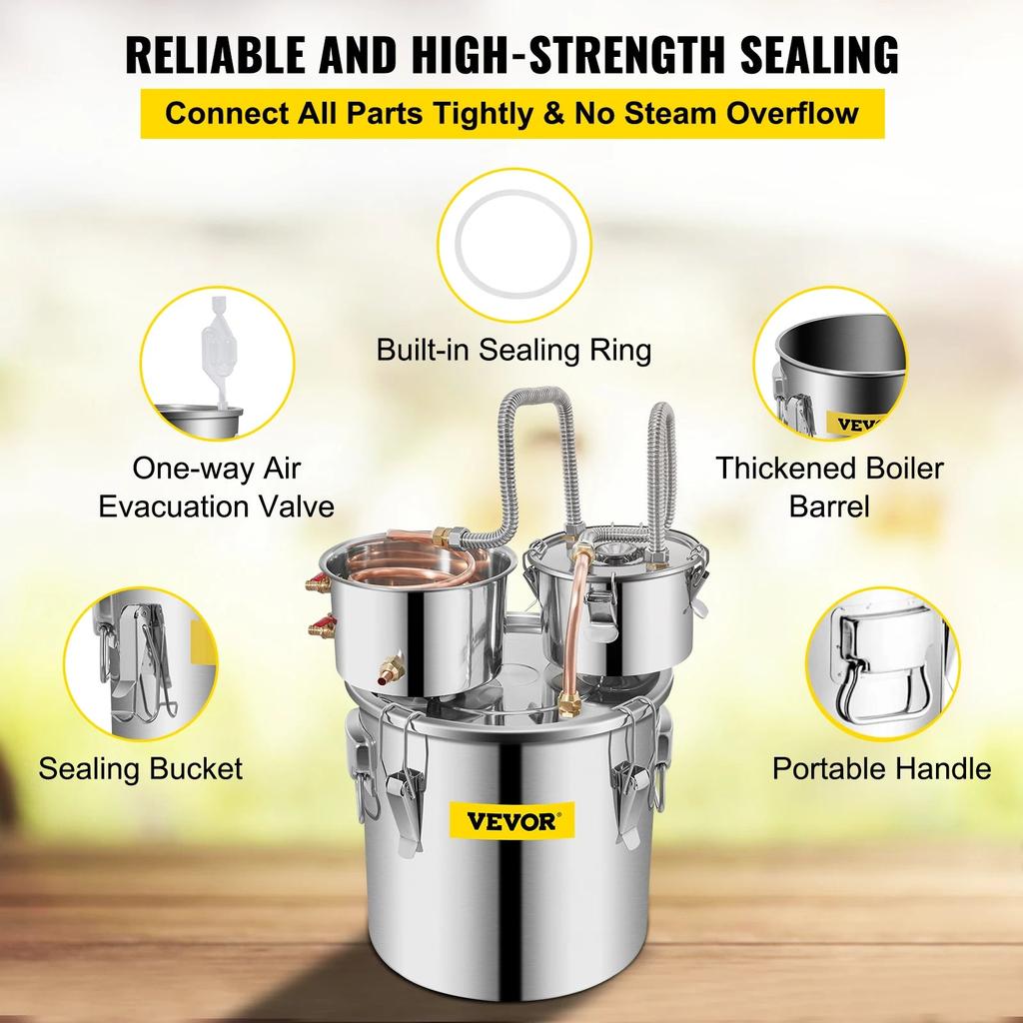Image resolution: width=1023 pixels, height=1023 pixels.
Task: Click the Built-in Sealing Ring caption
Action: point(513,351)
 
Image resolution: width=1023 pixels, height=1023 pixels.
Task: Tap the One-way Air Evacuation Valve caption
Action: point(216,488)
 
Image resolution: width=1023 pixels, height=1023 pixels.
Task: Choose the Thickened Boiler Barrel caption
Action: point(829,487)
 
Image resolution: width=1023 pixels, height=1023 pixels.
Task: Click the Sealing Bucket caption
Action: point(141,768)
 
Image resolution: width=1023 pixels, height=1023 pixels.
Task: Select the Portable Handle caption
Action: point(881,768)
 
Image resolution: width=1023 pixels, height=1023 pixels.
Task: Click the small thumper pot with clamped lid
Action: point(611,599)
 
